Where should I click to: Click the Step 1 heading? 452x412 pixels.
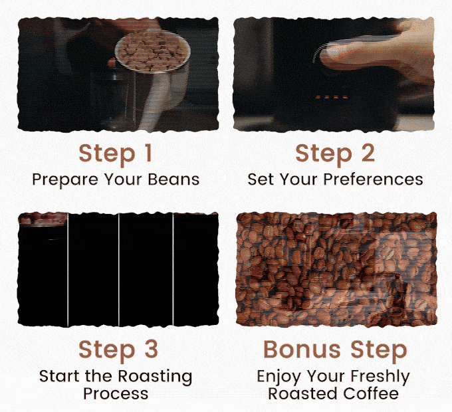click(115, 154)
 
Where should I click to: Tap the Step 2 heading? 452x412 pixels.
click(335, 154)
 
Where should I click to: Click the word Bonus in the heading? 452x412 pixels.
click(302, 349)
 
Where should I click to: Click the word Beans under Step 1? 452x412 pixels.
click(173, 179)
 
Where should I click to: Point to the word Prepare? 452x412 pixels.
click(65, 180)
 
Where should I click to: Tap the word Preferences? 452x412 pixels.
click(373, 179)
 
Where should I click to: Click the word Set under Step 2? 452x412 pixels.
click(261, 179)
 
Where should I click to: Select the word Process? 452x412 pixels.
click(116, 393)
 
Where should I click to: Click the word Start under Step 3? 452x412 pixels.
click(59, 376)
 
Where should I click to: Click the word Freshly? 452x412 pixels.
click(380, 377)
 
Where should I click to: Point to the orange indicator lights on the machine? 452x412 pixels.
click(332, 97)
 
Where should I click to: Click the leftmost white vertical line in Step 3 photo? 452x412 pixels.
click(68, 270)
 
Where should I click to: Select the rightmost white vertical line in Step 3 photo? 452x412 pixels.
click(173, 270)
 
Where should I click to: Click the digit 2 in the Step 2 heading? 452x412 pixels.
click(368, 153)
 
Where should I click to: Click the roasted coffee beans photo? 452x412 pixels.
click(336, 270)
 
